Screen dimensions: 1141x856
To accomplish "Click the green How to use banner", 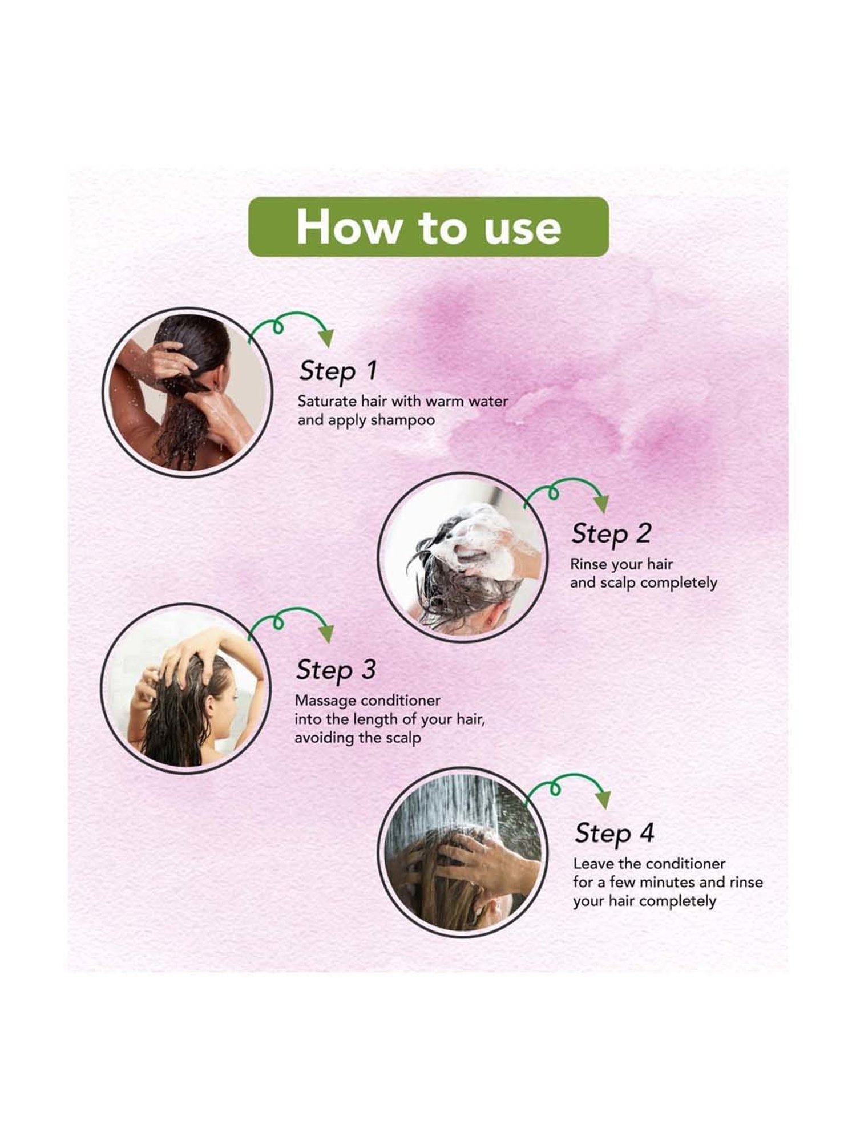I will (429, 226).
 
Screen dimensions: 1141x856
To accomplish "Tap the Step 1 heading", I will (338, 371).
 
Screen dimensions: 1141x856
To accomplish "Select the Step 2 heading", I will (611, 534).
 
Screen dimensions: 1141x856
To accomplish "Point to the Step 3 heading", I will (336, 670).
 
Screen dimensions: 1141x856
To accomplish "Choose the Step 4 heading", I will (614, 834).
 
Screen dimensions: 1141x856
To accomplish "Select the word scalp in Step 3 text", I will (402, 738).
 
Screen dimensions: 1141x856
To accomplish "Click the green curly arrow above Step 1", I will (291, 329).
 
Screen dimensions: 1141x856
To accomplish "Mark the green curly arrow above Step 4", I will (568, 789).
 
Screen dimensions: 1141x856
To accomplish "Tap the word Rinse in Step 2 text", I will (588, 565).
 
